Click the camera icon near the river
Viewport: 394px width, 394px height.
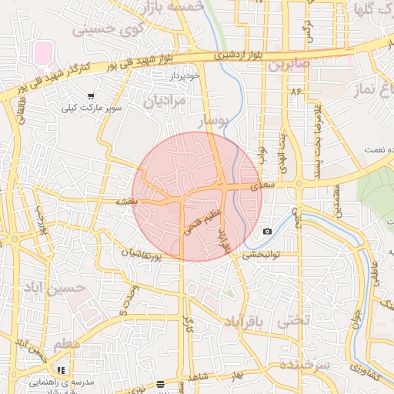tap(267, 231)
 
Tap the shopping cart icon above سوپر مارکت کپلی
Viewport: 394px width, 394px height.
tap(92, 97)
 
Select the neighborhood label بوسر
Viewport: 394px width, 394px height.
tap(212, 122)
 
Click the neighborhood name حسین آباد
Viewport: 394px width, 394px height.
tap(74, 289)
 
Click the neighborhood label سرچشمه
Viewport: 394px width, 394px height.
tap(305, 363)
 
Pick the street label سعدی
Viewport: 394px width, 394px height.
tap(262, 186)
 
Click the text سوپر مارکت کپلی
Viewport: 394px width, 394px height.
tap(93, 109)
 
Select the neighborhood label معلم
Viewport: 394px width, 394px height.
tap(66, 344)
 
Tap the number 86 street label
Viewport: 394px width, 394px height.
tap(296, 92)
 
